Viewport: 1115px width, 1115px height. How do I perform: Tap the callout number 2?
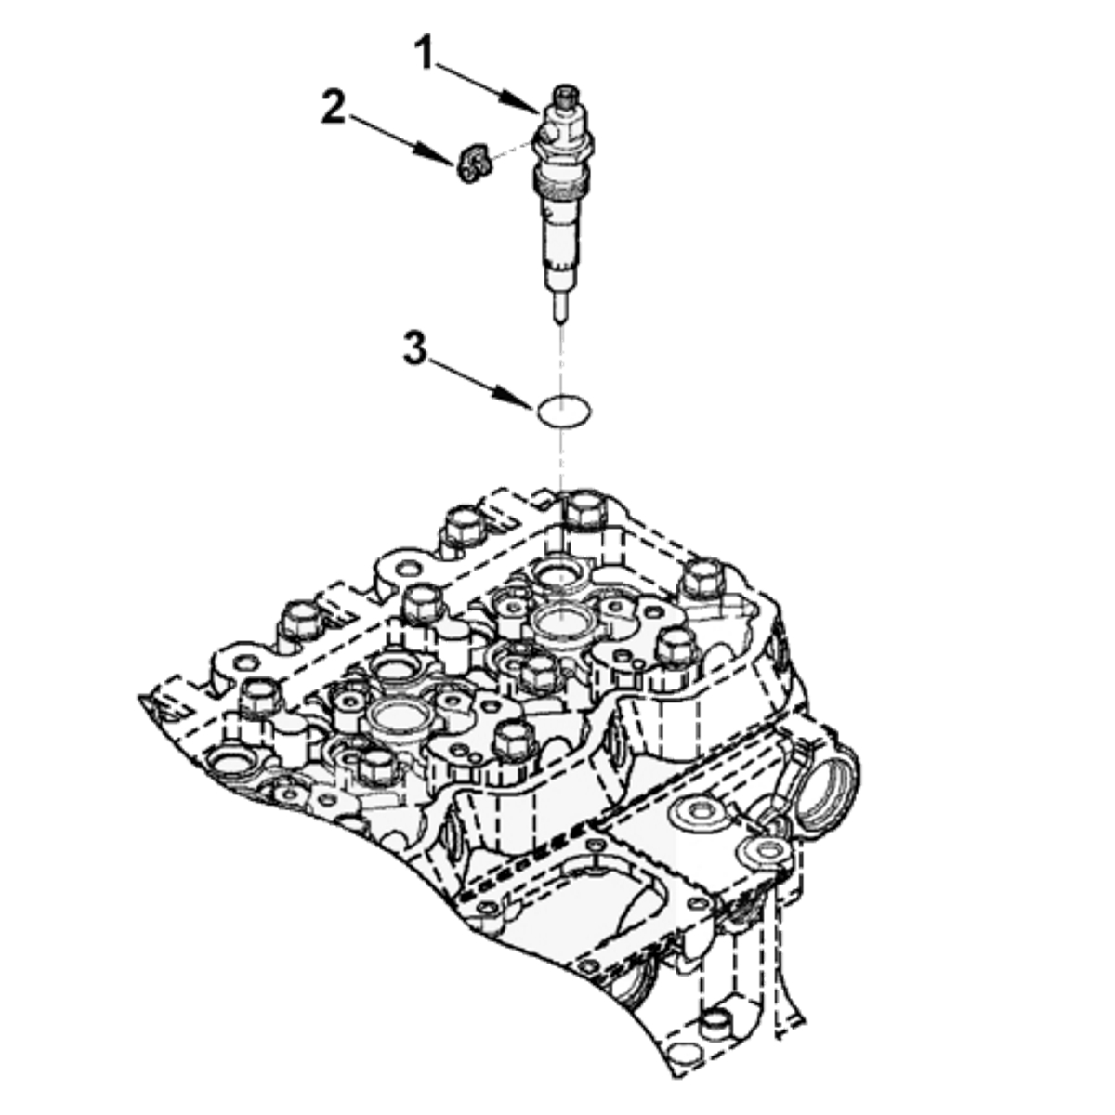[x=334, y=106]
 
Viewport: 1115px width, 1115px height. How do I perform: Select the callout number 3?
[x=414, y=348]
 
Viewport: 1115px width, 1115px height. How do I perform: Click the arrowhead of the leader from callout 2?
[x=434, y=154]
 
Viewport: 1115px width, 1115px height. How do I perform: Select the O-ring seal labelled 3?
[x=564, y=412]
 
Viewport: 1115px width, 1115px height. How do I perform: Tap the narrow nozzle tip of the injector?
[x=559, y=308]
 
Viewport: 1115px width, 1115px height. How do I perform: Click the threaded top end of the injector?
[x=566, y=98]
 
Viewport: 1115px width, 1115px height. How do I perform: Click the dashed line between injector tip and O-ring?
[x=559, y=360]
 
